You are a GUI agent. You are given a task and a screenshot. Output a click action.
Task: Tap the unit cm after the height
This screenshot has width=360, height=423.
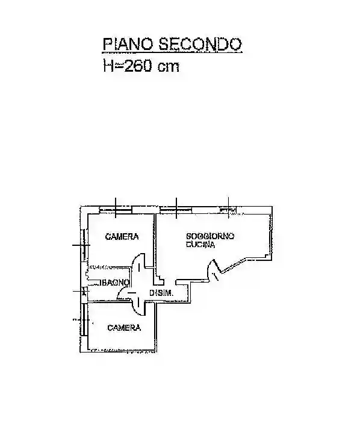click(x=168, y=66)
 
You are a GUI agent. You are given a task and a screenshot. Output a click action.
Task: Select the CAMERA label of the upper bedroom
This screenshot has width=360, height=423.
click(x=122, y=237)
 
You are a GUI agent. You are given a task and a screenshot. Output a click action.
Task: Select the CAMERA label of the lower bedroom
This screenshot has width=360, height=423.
click(x=124, y=328)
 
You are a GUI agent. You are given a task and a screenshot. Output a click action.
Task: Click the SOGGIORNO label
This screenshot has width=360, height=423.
click(x=210, y=235)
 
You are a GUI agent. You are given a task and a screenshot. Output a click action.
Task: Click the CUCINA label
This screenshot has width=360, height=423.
click(x=201, y=244)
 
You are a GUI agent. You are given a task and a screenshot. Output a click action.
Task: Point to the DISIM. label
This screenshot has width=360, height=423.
click(x=162, y=293)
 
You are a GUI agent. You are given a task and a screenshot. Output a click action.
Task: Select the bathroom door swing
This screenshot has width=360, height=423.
click(x=125, y=293)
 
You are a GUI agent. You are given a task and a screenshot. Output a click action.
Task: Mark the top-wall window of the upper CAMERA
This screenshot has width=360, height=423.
click(x=116, y=210)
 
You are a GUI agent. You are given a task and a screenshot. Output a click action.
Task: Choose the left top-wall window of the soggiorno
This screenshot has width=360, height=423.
click(x=175, y=210)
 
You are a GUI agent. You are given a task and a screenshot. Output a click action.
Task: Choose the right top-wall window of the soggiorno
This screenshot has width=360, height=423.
click(x=228, y=210)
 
